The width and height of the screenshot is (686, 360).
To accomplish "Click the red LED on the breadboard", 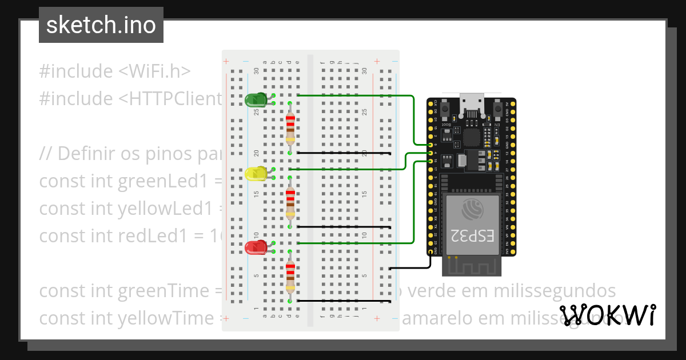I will pyautogui.click(x=255, y=247).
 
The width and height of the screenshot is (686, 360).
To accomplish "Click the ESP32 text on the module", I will pyautogui.click(x=472, y=235).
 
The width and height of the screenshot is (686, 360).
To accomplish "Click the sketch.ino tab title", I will pyautogui.click(x=101, y=25).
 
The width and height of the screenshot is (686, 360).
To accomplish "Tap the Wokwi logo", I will pyautogui.click(x=608, y=315).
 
